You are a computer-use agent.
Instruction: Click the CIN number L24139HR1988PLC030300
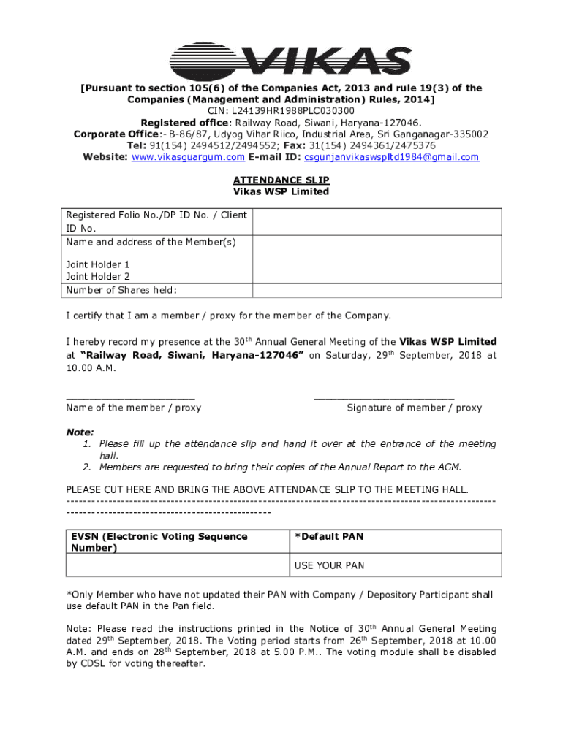click(281, 111)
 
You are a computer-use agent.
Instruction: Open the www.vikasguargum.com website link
click(188, 157)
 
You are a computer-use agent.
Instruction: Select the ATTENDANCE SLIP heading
click(281, 180)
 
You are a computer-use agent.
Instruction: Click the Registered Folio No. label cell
click(156, 221)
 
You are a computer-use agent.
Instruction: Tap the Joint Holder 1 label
click(98, 264)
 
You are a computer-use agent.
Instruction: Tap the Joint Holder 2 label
click(98, 277)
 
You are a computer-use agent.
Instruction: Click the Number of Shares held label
click(121, 290)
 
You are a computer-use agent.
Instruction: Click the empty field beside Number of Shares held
click(377, 290)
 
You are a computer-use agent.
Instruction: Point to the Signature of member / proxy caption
click(414, 408)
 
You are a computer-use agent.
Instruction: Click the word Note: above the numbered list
click(80, 432)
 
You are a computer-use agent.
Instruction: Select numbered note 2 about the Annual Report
click(280, 467)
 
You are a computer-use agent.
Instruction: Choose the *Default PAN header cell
click(329, 537)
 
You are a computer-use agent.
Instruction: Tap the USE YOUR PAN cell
click(329, 565)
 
